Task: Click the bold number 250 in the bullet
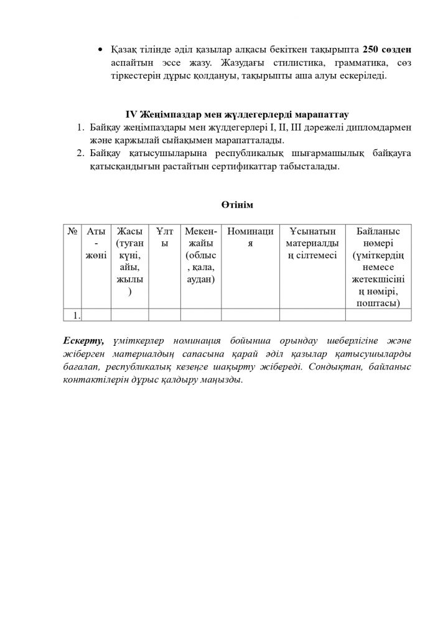pyautogui.click(x=372, y=49)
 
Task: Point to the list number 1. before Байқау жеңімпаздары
pyautogui.click(x=80, y=128)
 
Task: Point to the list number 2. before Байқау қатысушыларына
pyautogui.click(x=80, y=153)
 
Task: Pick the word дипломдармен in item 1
pyautogui.click(x=375, y=128)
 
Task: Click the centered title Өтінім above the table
pyautogui.click(x=237, y=205)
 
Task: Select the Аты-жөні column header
pyautogui.click(x=96, y=243)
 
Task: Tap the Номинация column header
pyautogui.click(x=250, y=237)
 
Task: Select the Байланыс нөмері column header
pyautogui.click(x=378, y=267)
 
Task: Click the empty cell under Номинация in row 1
pyautogui.click(x=250, y=315)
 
